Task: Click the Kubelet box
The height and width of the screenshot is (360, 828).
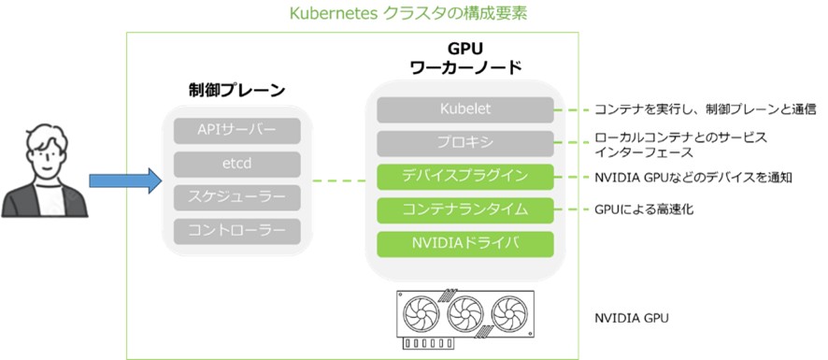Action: click(x=465, y=109)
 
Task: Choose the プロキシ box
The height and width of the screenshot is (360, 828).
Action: click(x=465, y=143)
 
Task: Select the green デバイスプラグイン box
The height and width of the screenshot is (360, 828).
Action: click(x=465, y=177)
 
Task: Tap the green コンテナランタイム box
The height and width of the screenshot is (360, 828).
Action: click(x=465, y=209)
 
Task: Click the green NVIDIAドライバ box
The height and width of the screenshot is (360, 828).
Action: click(x=465, y=243)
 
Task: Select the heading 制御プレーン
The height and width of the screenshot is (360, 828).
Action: click(x=236, y=91)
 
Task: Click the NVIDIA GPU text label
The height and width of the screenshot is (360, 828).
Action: click(x=631, y=318)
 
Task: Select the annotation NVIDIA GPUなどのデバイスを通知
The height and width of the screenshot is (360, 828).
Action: click(x=693, y=177)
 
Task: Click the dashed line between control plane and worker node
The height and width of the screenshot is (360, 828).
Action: click(x=337, y=180)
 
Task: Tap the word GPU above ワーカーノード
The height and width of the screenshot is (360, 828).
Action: click(x=466, y=49)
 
